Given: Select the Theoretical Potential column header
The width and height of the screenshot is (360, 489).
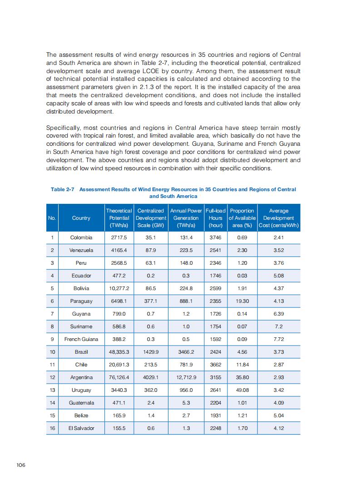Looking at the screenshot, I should (x=119, y=218).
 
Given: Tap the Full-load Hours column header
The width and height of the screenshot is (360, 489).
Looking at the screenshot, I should (x=216, y=218).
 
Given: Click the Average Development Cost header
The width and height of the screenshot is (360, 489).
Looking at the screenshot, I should (x=279, y=218).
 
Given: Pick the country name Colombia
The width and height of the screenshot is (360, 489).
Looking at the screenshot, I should (x=81, y=237).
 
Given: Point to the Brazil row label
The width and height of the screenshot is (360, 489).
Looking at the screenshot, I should (x=81, y=352).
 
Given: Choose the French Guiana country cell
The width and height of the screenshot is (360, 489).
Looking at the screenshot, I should (x=81, y=339).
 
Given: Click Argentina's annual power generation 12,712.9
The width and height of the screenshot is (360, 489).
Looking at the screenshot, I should (x=186, y=377).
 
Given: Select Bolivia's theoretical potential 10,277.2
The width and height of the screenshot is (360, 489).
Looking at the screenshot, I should (x=119, y=288).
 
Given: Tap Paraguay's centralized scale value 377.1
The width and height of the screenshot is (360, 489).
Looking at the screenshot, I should (x=151, y=301).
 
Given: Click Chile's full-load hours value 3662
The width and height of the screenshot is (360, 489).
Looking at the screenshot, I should (x=216, y=365).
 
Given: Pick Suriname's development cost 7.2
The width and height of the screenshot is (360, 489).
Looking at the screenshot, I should (x=279, y=326).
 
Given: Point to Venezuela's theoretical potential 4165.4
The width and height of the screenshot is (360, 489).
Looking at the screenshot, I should (x=119, y=250).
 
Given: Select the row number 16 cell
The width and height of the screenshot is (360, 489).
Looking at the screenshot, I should (x=52, y=428).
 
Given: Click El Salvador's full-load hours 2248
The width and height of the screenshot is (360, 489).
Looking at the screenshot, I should (x=216, y=428).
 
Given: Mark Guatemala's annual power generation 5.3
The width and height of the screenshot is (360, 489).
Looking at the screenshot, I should (x=186, y=403).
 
